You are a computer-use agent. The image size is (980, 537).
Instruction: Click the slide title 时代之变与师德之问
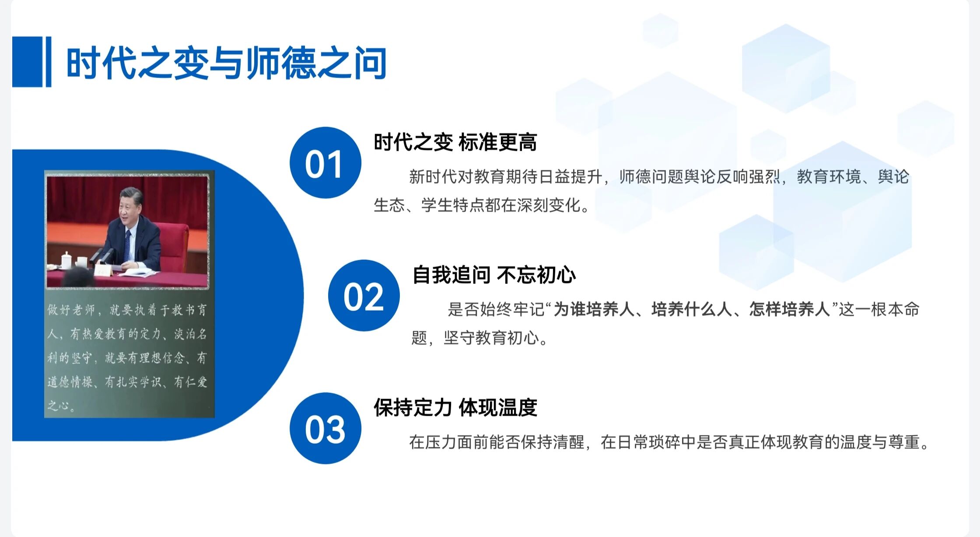pyautogui.click(x=226, y=64)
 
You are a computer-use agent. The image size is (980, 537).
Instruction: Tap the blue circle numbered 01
pyautogui.click(x=325, y=163)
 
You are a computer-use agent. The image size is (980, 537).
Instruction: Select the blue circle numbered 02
pyautogui.click(x=364, y=296)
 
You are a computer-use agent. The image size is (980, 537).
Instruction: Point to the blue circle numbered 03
pyautogui.click(x=325, y=428)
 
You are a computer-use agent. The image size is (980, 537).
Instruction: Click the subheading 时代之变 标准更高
pyautogui.click(x=455, y=142)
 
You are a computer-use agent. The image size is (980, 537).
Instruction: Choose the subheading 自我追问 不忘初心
pyautogui.click(x=494, y=275)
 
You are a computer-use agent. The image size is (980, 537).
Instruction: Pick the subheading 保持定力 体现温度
pyautogui.click(x=455, y=408)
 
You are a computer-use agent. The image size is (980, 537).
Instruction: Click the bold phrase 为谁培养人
pyautogui.click(x=594, y=310)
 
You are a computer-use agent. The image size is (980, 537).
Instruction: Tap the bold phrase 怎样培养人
pyautogui.click(x=789, y=310)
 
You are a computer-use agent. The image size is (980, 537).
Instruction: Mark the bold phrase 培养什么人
pyautogui.click(x=692, y=310)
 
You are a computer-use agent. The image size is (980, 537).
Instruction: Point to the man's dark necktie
pyautogui.click(x=127, y=245)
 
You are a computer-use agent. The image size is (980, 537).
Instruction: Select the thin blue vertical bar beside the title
pyautogui.click(x=48, y=62)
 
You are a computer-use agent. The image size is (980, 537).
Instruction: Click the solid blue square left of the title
pyautogui.click(x=27, y=62)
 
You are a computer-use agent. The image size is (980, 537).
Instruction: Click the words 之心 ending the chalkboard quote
pyautogui.click(x=58, y=406)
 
